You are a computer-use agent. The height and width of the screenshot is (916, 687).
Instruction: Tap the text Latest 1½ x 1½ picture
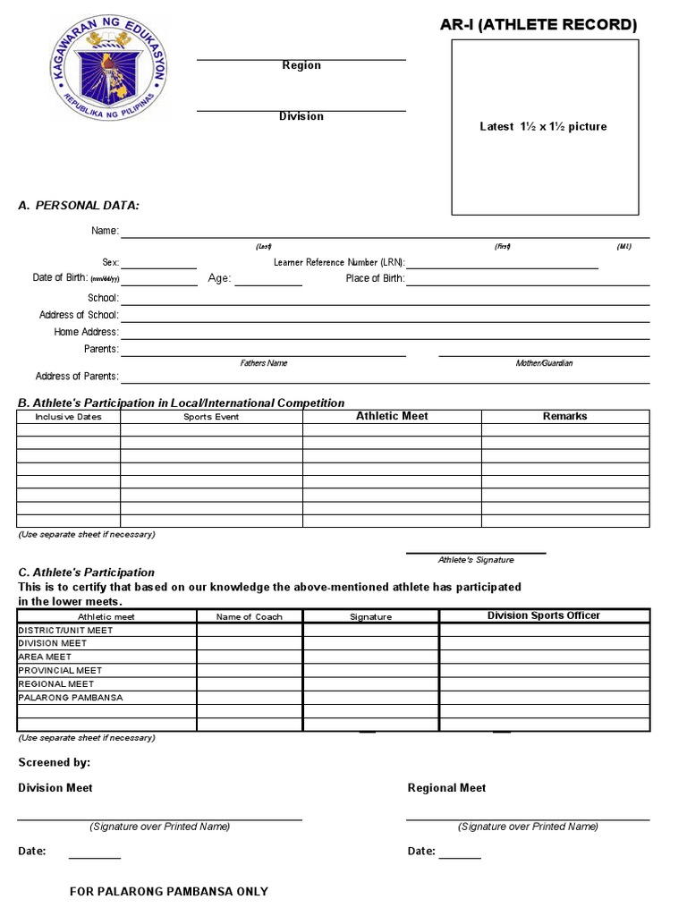[x=543, y=127]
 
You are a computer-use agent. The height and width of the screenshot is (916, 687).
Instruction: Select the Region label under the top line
[x=301, y=65]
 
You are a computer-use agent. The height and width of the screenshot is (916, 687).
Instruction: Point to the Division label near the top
[x=301, y=116]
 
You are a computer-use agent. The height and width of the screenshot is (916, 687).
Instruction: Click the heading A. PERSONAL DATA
[x=79, y=206]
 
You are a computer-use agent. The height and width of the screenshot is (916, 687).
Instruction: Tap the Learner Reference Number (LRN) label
[x=339, y=263]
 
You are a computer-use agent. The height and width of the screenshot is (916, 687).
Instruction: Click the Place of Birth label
[x=375, y=278]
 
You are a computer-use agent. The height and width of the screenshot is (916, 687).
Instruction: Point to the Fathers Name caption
[x=264, y=363]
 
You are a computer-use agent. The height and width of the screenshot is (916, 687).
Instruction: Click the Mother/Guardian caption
[x=544, y=363]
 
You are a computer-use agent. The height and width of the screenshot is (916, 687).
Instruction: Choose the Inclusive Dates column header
[x=68, y=417]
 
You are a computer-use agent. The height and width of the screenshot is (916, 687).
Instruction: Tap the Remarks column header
[x=564, y=416]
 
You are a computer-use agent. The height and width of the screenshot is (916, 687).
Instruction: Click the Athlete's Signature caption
[x=476, y=560]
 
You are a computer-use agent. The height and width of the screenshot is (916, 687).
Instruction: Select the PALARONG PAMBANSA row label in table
[x=71, y=698]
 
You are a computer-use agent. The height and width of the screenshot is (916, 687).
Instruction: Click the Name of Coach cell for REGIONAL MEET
[x=250, y=684]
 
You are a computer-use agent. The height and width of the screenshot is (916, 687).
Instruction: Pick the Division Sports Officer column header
[x=544, y=615]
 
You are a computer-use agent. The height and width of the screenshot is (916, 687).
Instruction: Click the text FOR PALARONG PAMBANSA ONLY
[x=169, y=892]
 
